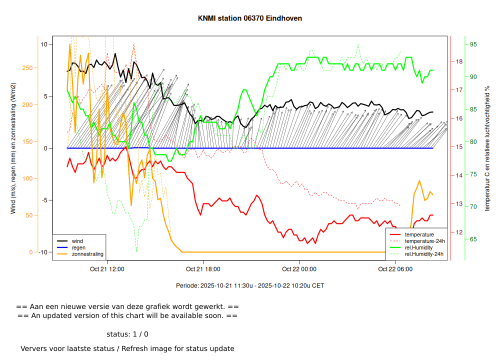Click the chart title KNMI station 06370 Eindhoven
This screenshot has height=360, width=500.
pos(250,18)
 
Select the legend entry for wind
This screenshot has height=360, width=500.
pos(77,241)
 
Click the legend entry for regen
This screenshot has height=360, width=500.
pos(78,247)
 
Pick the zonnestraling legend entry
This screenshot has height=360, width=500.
pos(87,254)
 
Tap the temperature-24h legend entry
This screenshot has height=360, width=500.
pos(424,241)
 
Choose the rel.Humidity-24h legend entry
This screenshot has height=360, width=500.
pos(424,254)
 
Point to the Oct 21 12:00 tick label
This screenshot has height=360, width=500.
pos(107,269)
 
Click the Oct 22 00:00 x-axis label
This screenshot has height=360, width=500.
pos(299,269)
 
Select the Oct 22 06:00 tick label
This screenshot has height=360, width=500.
pos(395,269)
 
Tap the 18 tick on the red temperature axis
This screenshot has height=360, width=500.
pos(459,61)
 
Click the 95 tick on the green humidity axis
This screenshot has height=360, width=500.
pos(473,44)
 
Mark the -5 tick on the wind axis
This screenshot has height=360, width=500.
pos(43,200)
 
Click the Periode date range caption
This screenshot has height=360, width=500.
pos(250,286)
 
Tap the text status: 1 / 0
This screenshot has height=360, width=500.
pos(127,334)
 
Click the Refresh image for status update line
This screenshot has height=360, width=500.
pos(127,348)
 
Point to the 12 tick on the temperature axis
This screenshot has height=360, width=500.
pos(459,232)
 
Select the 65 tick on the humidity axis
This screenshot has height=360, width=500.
pos(473,239)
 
